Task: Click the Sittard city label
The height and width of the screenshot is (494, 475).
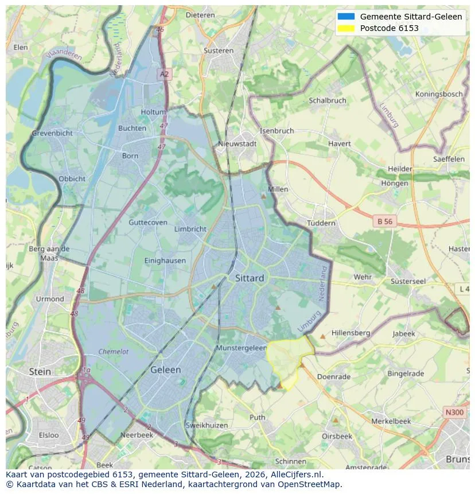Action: pyautogui.click(x=250, y=278)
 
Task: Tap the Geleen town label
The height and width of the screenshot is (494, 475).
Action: pyautogui.click(x=165, y=370)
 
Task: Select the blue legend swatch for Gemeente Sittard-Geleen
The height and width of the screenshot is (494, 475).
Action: pyautogui.click(x=346, y=17)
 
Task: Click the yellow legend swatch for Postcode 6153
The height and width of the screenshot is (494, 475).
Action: pyautogui.click(x=346, y=28)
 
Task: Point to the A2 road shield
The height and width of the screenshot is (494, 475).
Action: pyautogui.click(x=165, y=74)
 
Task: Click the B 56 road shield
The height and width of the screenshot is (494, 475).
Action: pyautogui.click(x=385, y=221)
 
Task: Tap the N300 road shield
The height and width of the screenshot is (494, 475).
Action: pyautogui.click(x=454, y=412)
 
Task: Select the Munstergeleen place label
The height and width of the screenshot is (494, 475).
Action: pyautogui.click(x=242, y=348)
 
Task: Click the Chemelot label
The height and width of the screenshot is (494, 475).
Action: pyautogui.click(x=114, y=352)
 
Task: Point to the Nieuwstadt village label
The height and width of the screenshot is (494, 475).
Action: pyautogui.click(x=237, y=144)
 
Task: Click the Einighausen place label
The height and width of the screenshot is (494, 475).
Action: pyautogui.click(x=165, y=260)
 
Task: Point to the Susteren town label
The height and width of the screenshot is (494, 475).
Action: pyautogui.click(x=219, y=50)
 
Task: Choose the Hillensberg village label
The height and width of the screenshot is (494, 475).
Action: pyautogui.click(x=351, y=333)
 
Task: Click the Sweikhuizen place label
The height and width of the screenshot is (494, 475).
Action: pyautogui.click(x=207, y=425)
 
